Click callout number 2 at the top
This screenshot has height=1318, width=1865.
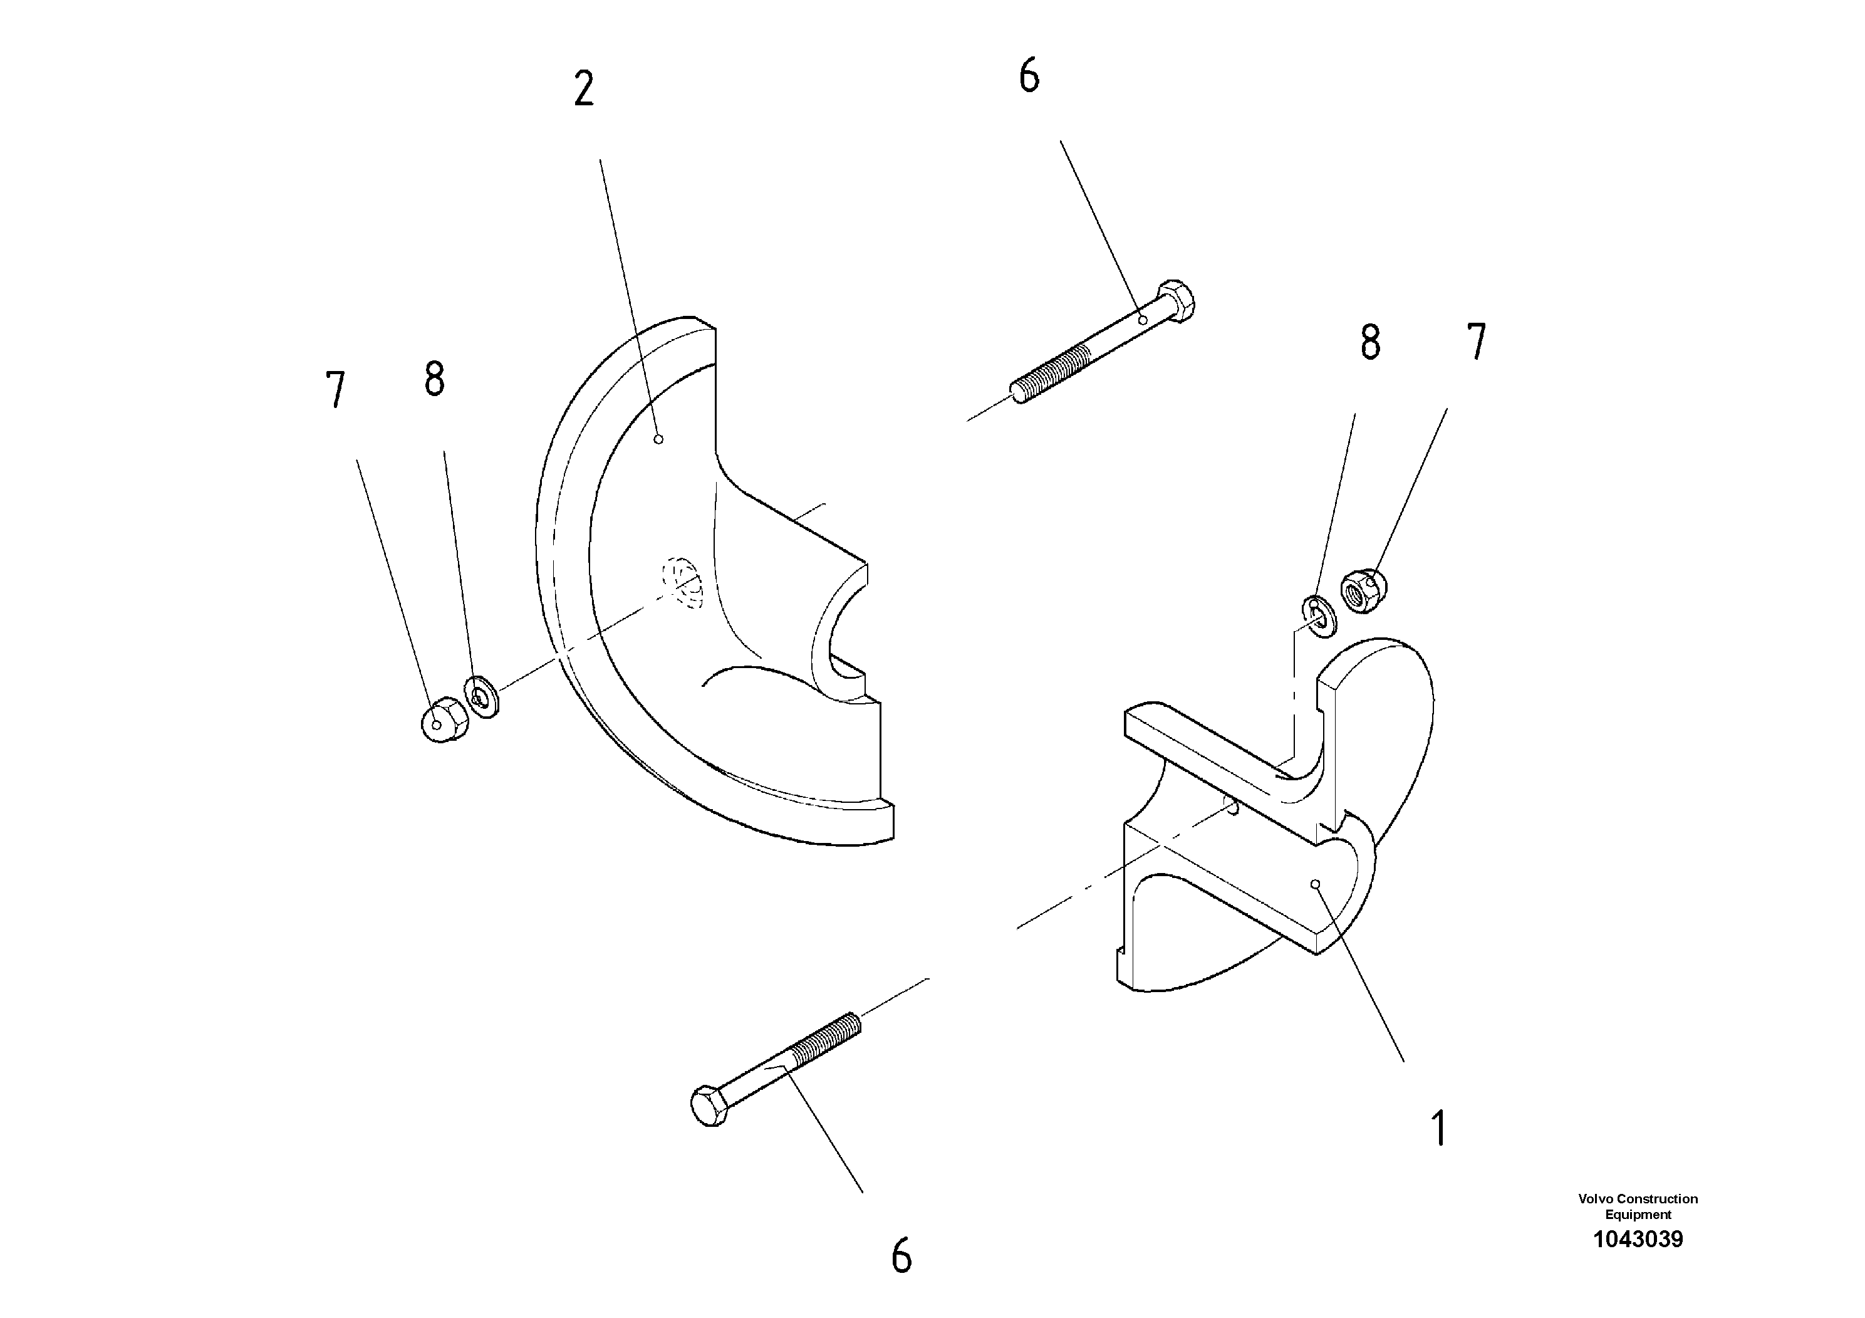[583, 90]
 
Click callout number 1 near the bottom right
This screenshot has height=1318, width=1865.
[1438, 1129]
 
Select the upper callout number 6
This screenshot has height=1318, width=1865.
[1028, 77]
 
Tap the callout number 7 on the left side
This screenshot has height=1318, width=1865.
[335, 390]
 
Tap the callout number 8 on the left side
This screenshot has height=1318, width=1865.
[435, 379]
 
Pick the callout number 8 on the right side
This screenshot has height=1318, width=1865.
[1370, 343]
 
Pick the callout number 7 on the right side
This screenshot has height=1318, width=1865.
[1476, 342]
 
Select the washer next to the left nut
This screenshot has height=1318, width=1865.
[482, 696]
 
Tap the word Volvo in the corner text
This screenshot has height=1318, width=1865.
[1594, 1198]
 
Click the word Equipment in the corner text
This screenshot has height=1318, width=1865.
[1638, 1214]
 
